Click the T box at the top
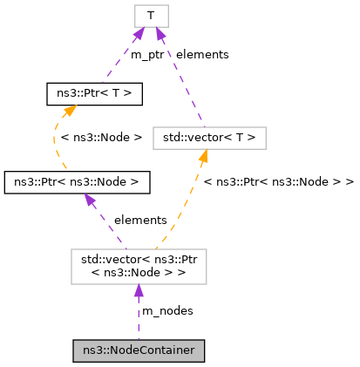(151, 15)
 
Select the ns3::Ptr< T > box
(93, 91)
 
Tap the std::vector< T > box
(208, 137)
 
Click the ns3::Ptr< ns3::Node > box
(77, 181)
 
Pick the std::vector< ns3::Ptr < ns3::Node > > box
(139, 267)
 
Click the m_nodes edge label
(167, 310)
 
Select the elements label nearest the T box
(201, 54)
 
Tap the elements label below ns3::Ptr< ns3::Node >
(139, 221)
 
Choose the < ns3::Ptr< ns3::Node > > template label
(278, 182)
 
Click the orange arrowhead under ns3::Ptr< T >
(69, 109)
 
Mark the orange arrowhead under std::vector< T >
(203, 156)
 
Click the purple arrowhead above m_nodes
(138, 292)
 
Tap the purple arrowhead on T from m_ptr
(139, 34)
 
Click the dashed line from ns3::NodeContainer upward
(139, 323)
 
